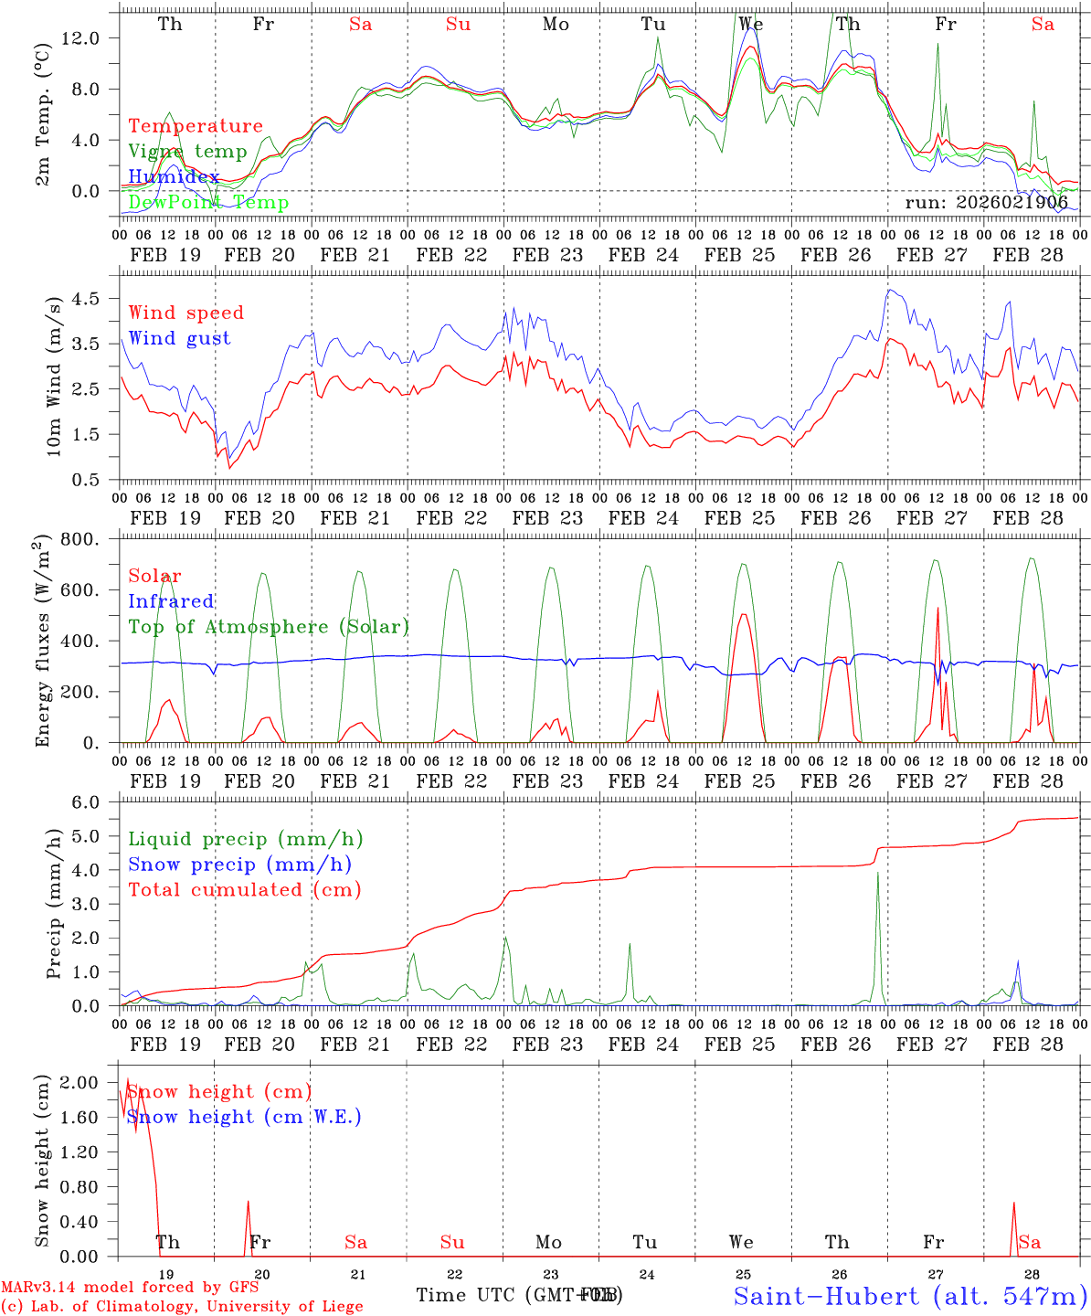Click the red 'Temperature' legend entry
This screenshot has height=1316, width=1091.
pyautogui.click(x=195, y=126)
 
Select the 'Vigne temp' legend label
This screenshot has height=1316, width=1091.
pyautogui.click(x=187, y=152)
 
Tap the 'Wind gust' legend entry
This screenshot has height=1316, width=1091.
pyautogui.click(x=179, y=338)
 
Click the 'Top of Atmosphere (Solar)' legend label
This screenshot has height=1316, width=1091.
pyautogui.click(x=268, y=627)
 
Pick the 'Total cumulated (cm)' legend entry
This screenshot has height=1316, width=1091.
pyautogui.click(x=244, y=889)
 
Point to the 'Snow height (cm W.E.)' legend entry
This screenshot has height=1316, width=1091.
pyautogui.click(x=244, y=1117)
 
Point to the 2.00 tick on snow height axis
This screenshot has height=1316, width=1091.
pyautogui.click(x=90, y=1083)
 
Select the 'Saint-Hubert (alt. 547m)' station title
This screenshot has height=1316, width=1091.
pyautogui.click(x=909, y=1296)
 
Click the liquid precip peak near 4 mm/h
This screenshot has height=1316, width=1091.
pyautogui.click(x=877, y=874)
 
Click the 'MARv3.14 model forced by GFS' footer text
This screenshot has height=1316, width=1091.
pyautogui.click(x=130, y=1287)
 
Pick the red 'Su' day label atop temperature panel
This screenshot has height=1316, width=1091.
pyautogui.click(x=458, y=24)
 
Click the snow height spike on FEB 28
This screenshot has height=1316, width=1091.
pyautogui.click(x=1013, y=1205)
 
